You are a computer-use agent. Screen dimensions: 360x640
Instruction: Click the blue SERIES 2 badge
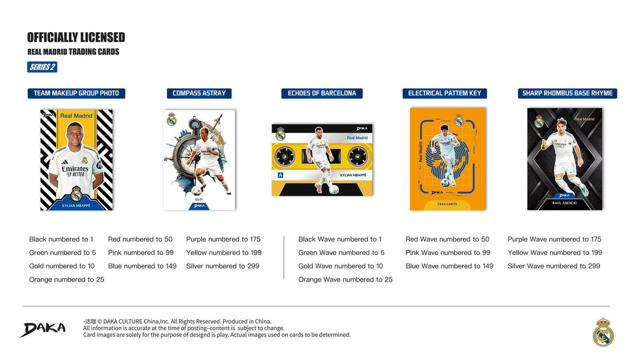tap(42, 67)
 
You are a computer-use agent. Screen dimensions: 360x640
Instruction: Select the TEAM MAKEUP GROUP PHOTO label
tap(76, 93)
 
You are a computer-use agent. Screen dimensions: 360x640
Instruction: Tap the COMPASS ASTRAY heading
tap(199, 93)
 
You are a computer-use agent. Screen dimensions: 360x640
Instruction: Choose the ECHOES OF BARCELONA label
tap(322, 93)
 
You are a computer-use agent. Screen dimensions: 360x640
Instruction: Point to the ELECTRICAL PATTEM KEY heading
tap(444, 93)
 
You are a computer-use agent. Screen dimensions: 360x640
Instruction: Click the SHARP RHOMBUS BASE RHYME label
tap(567, 93)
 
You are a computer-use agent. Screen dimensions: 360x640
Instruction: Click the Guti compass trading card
tap(199, 159)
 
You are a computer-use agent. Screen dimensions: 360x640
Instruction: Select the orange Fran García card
tap(447, 159)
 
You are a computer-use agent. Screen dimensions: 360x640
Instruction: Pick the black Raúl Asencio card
tap(564, 159)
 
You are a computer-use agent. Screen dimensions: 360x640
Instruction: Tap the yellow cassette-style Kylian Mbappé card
tap(322, 159)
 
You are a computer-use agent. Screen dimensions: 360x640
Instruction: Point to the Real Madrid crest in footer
tap(603, 332)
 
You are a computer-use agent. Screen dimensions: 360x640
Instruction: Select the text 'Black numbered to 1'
tap(61, 240)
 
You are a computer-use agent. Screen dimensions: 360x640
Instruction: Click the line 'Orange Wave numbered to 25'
tap(345, 279)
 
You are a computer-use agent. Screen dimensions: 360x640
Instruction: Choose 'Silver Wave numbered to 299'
tap(554, 266)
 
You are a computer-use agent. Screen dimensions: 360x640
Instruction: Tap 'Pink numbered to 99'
tap(140, 253)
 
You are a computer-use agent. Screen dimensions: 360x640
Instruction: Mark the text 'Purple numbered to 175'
tap(223, 240)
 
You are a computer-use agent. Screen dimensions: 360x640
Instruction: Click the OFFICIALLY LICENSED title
tap(76, 38)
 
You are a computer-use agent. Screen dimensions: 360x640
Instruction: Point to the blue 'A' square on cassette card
tap(280, 175)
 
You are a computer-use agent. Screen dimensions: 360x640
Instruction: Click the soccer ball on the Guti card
tap(197, 191)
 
